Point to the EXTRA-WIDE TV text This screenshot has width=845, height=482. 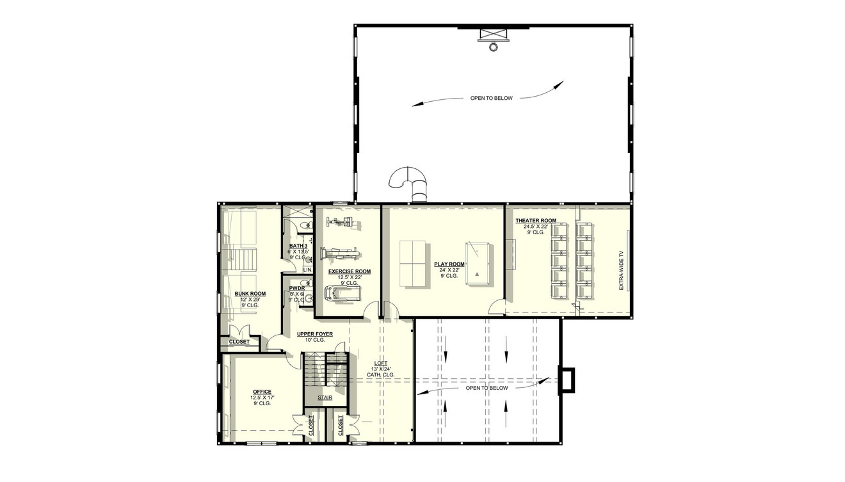tap(621, 269)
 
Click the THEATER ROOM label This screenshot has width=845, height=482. tap(536, 221)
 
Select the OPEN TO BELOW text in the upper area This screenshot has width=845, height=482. tap(491, 99)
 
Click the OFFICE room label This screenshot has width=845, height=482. tap(262, 392)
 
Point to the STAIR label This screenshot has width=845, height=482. tap(325, 398)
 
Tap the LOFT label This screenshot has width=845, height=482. tap(381, 364)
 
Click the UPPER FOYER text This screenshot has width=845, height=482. tap(314, 334)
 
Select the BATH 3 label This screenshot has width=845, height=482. tap(298, 246)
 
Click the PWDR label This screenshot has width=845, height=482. tap(296, 288)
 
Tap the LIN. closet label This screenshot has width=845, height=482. tap(307, 270)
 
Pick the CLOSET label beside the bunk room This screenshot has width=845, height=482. tap(239, 342)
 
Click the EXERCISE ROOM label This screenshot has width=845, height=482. tap(350, 271)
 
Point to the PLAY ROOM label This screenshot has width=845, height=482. tap(448, 264)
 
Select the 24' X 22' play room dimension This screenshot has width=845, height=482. tap(448, 269)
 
